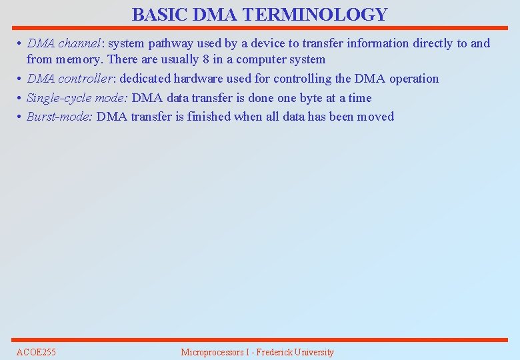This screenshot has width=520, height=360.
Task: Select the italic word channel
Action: [x=79, y=43]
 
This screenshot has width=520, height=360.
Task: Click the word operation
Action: [x=413, y=79]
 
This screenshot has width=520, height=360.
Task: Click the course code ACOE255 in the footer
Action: [x=36, y=352]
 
